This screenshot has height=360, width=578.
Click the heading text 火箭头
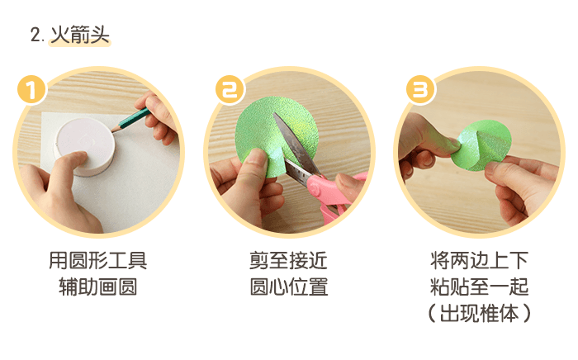80,35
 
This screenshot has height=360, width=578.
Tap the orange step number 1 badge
31,89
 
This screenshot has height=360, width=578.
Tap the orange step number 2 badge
229,89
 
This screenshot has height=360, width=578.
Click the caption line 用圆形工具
97,262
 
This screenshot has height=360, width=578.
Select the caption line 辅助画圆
97,287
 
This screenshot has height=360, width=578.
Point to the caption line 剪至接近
288,262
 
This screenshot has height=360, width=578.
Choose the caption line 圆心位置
288,287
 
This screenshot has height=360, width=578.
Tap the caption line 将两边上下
479,262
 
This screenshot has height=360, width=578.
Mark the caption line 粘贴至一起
479,287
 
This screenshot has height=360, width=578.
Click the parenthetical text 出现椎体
479,314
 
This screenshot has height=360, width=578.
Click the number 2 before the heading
36,36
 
